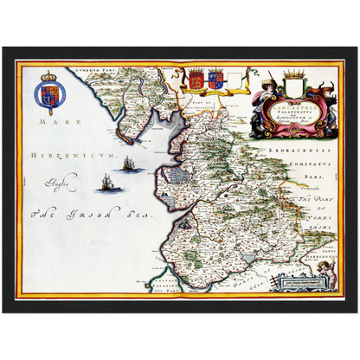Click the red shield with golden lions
(x=196, y=80)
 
